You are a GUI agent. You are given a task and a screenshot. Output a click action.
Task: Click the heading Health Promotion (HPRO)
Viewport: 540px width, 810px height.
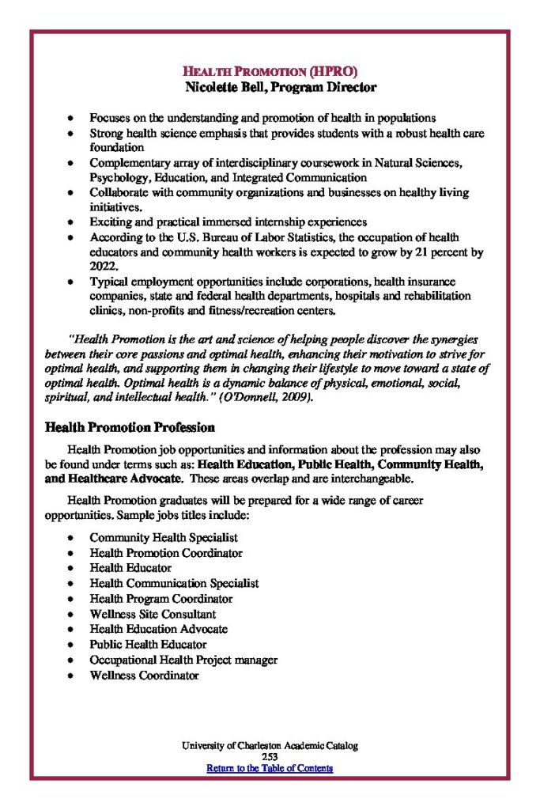[x=270, y=71]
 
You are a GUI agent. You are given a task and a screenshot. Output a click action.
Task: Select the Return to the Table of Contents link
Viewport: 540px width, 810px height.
[x=270, y=768]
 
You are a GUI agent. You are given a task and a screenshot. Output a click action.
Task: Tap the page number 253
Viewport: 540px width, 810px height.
[x=270, y=757]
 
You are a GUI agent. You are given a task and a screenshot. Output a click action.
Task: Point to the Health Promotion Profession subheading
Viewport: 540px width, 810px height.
[x=130, y=428]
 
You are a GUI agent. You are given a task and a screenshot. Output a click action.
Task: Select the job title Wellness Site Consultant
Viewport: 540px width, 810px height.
[x=153, y=614]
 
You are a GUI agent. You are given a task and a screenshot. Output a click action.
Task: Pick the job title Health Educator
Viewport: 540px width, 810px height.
[x=130, y=568]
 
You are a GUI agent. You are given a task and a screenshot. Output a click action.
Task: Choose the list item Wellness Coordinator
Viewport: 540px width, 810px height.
[x=144, y=676]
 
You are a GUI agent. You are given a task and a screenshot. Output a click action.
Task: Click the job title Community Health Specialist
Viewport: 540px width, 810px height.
[x=164, y=538]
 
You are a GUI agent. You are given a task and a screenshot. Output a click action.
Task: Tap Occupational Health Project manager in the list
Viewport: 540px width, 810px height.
[x=183, y=660]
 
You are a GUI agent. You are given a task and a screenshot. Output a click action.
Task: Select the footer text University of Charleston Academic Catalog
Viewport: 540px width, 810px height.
[x=270, y=746]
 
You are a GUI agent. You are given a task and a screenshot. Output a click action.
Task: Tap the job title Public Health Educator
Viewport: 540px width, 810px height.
[x=148, y=645]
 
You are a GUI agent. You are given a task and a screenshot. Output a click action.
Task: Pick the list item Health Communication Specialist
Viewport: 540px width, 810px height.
[x=174, y=583]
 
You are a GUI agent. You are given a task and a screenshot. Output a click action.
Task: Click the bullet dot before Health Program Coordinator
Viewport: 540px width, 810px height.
[x=70, y=599]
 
